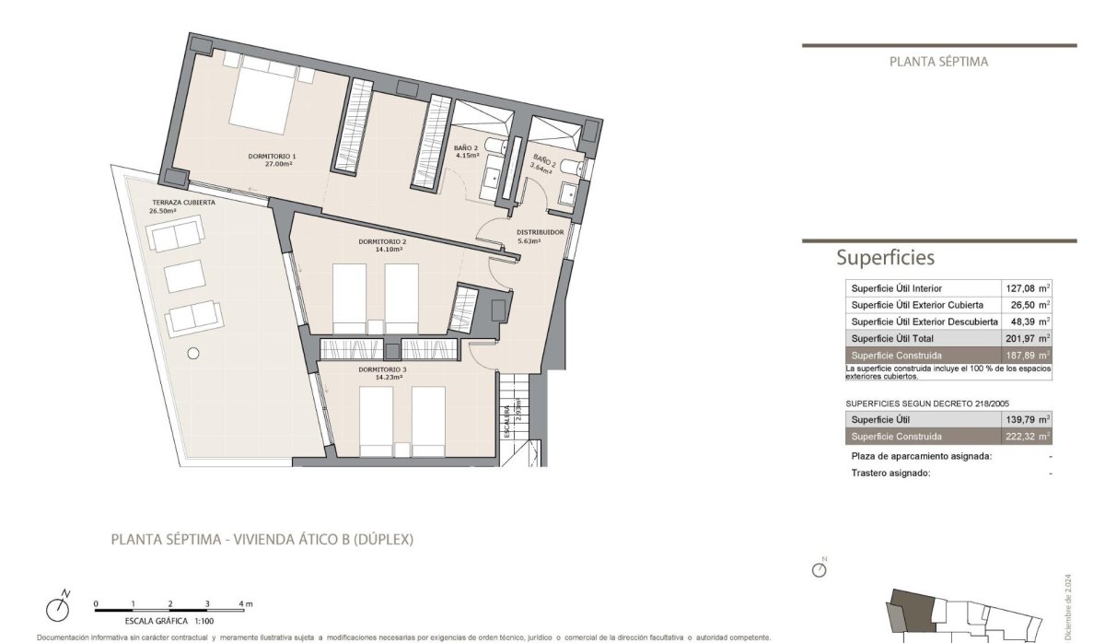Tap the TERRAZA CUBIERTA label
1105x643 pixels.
pos(184,202)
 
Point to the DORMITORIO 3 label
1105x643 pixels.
pos(382,368)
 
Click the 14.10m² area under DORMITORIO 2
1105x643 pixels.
pos(382,250)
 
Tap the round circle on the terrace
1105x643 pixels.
pos(193,352)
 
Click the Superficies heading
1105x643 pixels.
pos(885,258)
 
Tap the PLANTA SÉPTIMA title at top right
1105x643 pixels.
pos(938,62)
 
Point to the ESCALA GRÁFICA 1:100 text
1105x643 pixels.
pos(148,622)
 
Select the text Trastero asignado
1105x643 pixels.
pos(890,473)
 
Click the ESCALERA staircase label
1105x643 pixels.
pos(506,406)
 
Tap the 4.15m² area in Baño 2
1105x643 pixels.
pos(466,156)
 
